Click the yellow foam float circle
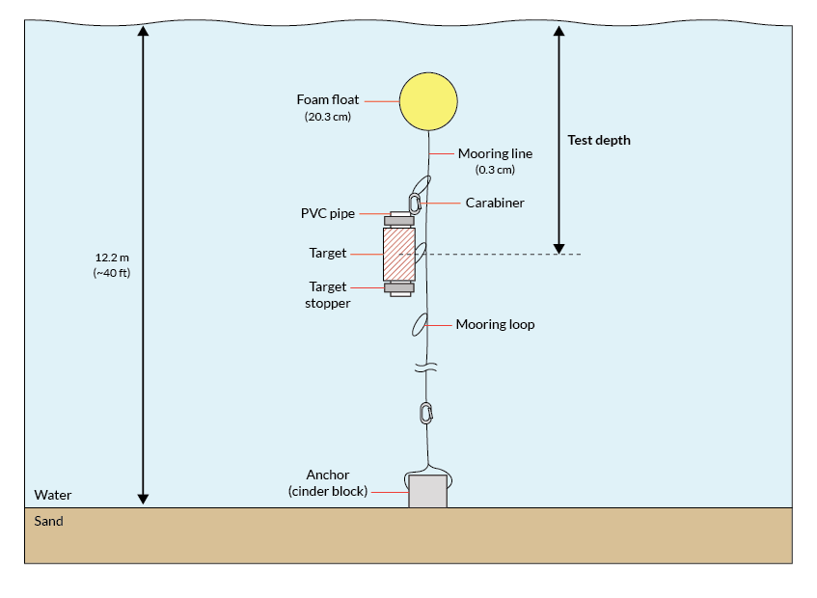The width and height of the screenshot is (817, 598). click(428, 101)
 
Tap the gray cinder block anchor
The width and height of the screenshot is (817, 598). click(427, 491)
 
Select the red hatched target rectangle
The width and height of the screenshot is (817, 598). click(399, 254)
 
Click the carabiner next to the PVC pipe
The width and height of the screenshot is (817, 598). click(415, 204)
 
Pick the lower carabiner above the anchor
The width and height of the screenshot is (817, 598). click(425, 413)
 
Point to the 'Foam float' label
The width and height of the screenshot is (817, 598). click(327, 100)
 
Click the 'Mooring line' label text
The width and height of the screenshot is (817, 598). click(495, 153)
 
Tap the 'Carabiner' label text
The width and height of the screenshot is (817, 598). click(495, 204)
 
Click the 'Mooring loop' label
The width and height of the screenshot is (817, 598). click(495, 325)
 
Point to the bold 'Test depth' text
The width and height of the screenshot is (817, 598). click(599, 140)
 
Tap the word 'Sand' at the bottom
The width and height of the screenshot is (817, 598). click(49, 522)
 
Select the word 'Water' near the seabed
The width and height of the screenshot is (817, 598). click(53, 496)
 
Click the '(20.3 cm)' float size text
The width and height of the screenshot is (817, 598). click(327, 118)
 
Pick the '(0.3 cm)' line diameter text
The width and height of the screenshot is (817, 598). click(495, 170)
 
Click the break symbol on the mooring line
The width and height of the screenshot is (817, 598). click(425, 367)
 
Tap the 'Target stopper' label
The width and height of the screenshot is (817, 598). click(328, 294)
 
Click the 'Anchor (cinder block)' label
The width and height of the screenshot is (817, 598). click(328, 483)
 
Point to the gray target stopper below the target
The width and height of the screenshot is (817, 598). click(399, 286)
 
